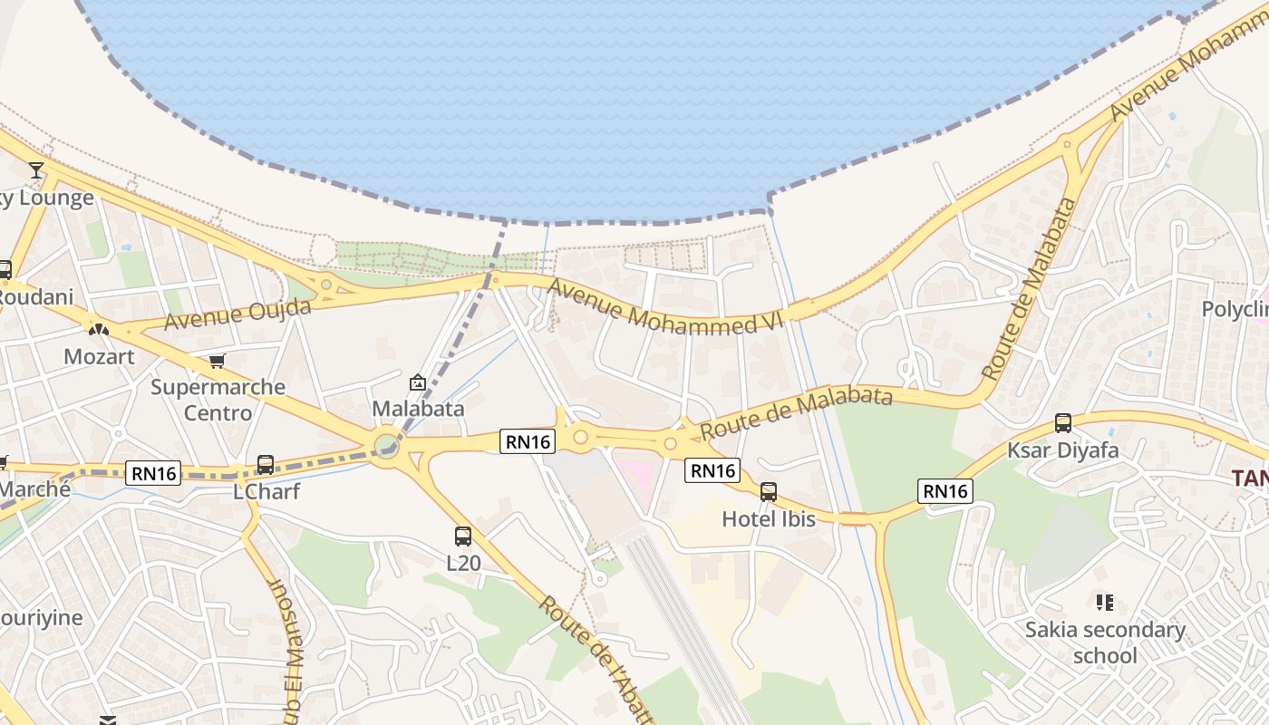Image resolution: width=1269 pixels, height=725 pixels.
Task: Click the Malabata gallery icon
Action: tap(417, 383)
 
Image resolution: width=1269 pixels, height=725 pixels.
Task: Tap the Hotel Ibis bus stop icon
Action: tap(769, 492)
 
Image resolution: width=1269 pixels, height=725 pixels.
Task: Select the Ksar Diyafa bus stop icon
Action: tap(1063, 423)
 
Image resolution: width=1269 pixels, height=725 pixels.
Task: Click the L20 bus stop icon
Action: tap(463, 536)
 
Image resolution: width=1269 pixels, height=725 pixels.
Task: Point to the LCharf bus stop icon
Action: tap(266, 465)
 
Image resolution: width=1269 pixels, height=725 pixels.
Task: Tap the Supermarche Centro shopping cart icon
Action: tap(218, 362)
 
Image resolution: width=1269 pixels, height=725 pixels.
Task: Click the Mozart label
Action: tap(99, 356)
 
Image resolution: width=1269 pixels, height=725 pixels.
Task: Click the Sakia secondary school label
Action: tap(1105, 642)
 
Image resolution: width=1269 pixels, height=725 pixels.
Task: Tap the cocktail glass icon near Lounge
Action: tap(36, 169)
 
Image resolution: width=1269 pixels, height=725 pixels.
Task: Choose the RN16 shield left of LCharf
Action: tap(153, 472)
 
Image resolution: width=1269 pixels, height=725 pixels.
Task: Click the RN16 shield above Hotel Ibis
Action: tap(713, 469)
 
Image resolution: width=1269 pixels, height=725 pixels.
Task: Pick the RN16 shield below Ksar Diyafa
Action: tap(945, 491)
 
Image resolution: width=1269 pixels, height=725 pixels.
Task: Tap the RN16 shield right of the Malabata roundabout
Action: tap(528, 441)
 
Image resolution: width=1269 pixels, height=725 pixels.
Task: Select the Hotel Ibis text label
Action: tap(769, 519)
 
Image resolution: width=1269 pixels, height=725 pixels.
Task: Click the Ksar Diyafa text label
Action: tap(1063, 450)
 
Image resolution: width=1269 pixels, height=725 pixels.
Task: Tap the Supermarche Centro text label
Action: tap(218, 400)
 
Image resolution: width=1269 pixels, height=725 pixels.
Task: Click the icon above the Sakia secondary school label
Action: tap(1105, 602)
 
